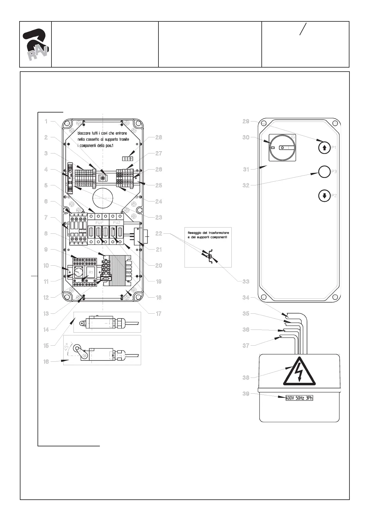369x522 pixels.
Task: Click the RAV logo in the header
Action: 36,44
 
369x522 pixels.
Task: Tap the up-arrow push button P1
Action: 324,148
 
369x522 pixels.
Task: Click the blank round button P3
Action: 324,171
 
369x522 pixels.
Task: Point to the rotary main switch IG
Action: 282,148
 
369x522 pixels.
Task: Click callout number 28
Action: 158,137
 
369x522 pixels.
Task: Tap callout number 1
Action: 46,122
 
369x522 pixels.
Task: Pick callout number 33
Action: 246,281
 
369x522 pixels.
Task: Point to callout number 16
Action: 46,361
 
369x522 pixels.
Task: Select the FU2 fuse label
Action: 117,223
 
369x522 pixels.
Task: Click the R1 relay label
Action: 91,272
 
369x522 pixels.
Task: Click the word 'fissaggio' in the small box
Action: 194,232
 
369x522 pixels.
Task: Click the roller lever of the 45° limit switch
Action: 78,349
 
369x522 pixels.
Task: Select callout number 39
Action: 246,394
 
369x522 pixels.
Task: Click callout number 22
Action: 158,233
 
